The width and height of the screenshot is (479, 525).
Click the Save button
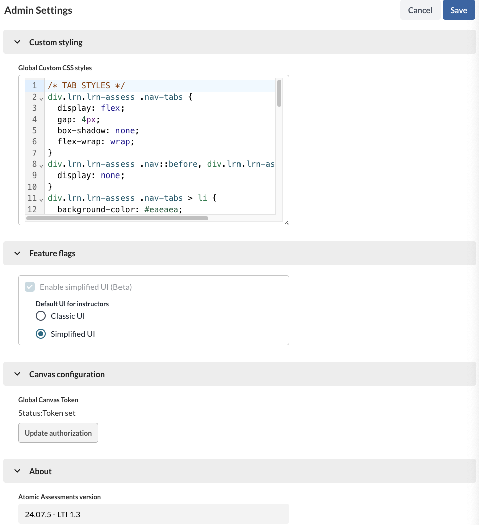tap(458, 10)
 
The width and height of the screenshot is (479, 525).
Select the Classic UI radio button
tap(41, 316)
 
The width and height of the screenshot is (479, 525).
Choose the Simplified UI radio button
tap(41, 334)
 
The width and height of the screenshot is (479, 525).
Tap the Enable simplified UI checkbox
tap(30, 287)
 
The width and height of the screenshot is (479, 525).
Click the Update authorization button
tap(58, 433)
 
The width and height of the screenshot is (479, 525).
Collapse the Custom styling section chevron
tap(17, 42)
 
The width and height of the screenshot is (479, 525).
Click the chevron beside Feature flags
tap(17, 253)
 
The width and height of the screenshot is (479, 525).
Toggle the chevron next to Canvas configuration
tap(17, 374)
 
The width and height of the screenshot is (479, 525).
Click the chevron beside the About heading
tap(17, 471)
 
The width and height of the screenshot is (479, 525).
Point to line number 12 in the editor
tap(32, 209)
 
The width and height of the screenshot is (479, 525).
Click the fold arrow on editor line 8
tap(41, 165)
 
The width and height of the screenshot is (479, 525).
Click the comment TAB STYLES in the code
tap(86, 85)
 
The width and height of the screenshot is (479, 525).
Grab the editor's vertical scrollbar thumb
tap(279, 93)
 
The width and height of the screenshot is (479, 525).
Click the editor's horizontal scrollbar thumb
tap(117, 218)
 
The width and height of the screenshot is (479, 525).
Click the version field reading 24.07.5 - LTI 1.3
tap(153, 514)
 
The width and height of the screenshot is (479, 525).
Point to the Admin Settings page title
tap(38, 10)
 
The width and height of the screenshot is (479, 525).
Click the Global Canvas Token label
tap(48, 400)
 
